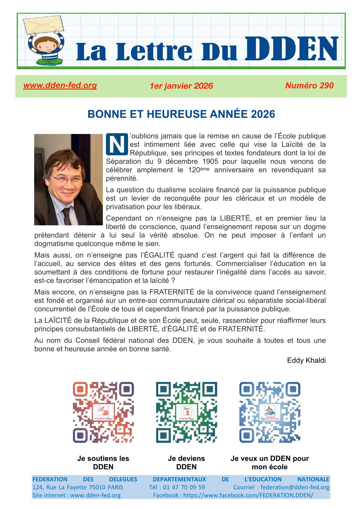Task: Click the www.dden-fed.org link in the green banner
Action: [x=60, y=86]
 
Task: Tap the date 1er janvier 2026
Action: [x=181, y=86]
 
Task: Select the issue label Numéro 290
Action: [x=309, y=86]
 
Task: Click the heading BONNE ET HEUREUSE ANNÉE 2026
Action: [x=181, y=114]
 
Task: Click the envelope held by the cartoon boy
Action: [x=44, y=24]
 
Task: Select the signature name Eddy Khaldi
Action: [x=306, y=361]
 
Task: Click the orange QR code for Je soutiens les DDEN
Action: [x=103, y=412]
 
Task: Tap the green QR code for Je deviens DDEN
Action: [x=186, y=412]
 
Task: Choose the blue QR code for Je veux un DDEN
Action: [x=270, y=412]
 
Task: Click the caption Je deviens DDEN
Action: [x=186, y=463]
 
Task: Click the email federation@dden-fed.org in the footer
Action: [x=295, y=487]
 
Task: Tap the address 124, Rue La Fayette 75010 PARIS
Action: [x=78, y=487]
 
